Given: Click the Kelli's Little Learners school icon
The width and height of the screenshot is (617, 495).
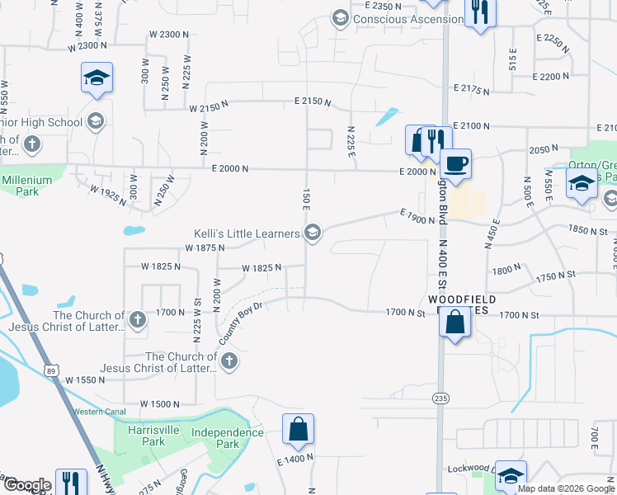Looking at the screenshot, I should pyautogui.click(x=312, y=235).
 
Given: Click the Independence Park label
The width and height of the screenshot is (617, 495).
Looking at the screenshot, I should pyautogui.click(x=227, y=438).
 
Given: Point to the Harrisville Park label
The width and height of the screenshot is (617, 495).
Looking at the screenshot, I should pyautogui.click(x=158, y=436).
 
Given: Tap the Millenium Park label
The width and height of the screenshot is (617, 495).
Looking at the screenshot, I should pyautogui.click(x=27, y=186).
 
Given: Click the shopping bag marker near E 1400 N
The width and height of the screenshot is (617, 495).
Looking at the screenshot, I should pyautogui.click(x=298, y=429).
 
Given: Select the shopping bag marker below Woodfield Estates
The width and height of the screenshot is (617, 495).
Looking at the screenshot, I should pyautogui.click(x=455, y=322).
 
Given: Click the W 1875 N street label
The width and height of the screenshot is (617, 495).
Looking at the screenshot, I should pyautogui.click(x=205, y=247).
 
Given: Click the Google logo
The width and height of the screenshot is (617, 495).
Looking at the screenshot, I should pyautogui.click(x=26, y=485).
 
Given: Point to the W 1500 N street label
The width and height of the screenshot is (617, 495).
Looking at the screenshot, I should pyautogui.click(x=160, y=404).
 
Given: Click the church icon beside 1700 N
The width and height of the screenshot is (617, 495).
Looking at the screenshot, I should pyautogui.click(x=138, y=316).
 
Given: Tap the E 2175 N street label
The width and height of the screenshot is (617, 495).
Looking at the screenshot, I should pyautogui.click(x=472, y=87).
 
